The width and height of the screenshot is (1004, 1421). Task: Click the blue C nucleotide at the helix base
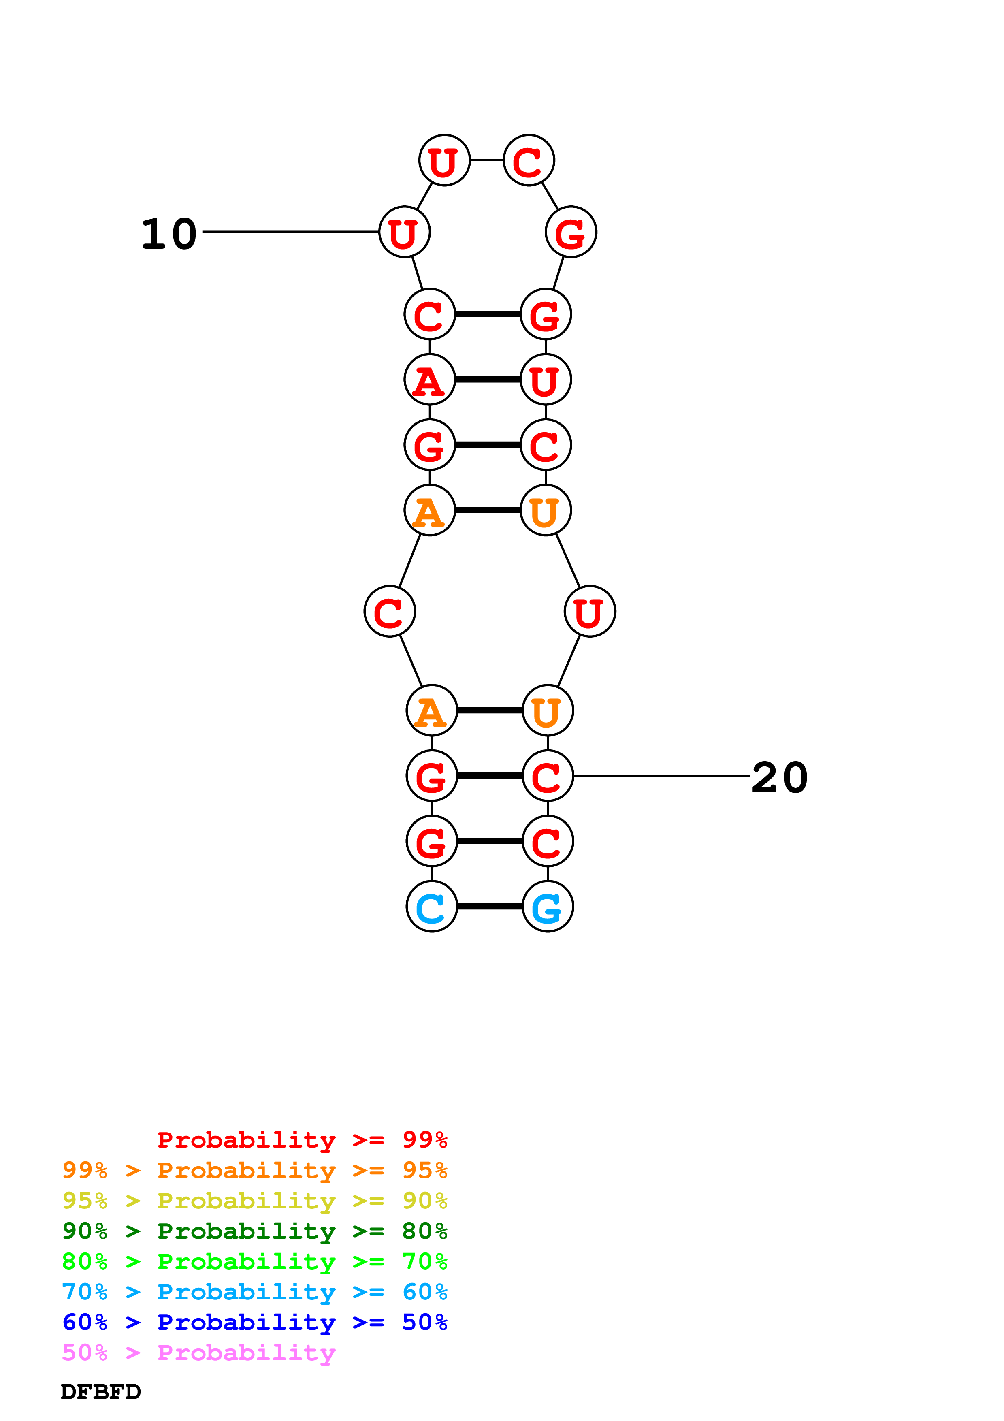[x=431, y=906]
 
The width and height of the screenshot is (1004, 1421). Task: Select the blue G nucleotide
[x=548, y=906]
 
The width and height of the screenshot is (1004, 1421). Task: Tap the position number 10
[x=169, y=234]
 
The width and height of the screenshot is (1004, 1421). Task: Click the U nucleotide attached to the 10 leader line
[x=404, y=232]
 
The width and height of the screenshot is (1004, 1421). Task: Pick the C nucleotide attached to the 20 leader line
[x=548, y=775]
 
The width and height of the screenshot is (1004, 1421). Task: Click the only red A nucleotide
[x=429, y=380]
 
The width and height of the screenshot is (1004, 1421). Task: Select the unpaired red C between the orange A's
[x=390, y=612]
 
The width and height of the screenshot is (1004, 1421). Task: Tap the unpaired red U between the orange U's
[x=590, y=612]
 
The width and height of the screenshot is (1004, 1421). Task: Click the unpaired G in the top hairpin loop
[x=570, y=232]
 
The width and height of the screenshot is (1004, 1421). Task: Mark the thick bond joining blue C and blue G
[x=489, y=906]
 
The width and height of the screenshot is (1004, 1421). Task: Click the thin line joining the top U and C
[x=487, y=160]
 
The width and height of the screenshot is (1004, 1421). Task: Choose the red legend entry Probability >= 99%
[x=303, y=1139]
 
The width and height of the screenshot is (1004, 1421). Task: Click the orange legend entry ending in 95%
[x=255, y=1170]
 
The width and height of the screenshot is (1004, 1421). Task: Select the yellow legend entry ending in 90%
[x=255, y=1200]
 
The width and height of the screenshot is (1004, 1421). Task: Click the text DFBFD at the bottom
[x=101, y=1391]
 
